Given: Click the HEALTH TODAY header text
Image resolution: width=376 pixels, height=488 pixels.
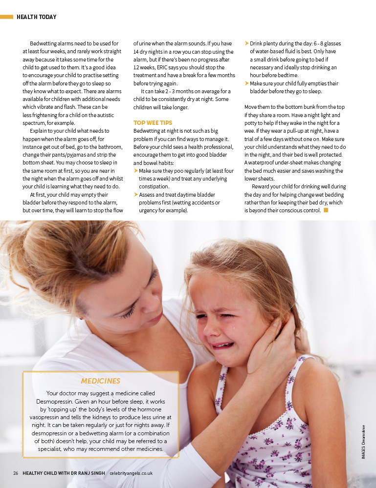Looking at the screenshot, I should pyautogui.click(x=36, y=17).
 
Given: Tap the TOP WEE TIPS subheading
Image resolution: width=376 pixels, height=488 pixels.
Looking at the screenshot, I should pyautogui.click(x=153, y=123).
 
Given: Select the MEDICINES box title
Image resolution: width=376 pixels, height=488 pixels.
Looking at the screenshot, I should pyautogui.click(x=100, y=381).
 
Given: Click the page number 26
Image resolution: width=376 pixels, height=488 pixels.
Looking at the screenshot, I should pyautogui.click(x=16, y=473).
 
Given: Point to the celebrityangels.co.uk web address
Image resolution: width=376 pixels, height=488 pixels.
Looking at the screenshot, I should pyautogui.click(x=131, y=473).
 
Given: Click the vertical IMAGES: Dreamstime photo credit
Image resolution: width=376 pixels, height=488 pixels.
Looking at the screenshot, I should pyautogui.click(x=364, y=441).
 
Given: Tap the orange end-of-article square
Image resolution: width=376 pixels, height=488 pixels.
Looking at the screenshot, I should pyautogui.click(x=326, y=210).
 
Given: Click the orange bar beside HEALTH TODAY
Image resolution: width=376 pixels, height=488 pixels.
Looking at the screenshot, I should pyautogui.click(x=6, y=17).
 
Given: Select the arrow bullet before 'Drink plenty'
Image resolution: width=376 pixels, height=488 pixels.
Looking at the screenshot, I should pyautogui.click(x=247, y=43).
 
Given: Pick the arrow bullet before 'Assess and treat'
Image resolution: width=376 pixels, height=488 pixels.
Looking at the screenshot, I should pyautogui.click(x=136, y=195).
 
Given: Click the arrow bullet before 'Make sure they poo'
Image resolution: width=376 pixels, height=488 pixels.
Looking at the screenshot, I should pyautogui.click(x=136, y=171).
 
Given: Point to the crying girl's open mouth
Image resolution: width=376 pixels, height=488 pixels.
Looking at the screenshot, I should pyautogui.click(x=222, y=345).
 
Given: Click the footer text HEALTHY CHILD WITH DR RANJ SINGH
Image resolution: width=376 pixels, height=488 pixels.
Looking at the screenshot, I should pyautogui.click(x=64, y=473).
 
